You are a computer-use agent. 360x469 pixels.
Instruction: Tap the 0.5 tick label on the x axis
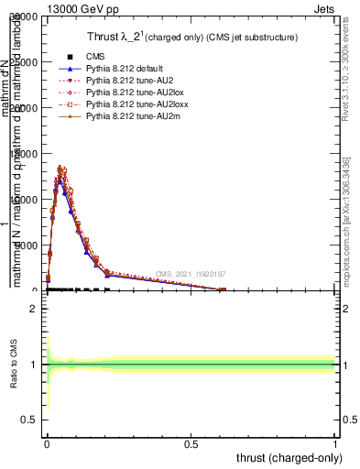[x=191, y=443]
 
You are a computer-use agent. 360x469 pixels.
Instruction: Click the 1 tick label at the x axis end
[x=335, y=443]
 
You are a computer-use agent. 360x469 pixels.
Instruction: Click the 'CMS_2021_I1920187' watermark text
[x=190, y=274]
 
